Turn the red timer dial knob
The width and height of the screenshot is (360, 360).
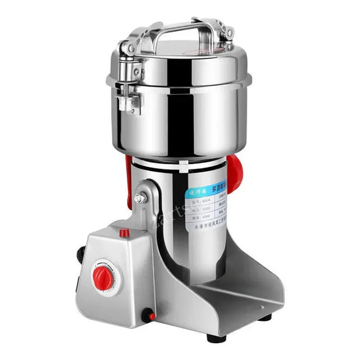pyautogui.click(x=103, y=277)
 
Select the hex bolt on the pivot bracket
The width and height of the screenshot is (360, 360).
pyautogui.click(x=140, y=199)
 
